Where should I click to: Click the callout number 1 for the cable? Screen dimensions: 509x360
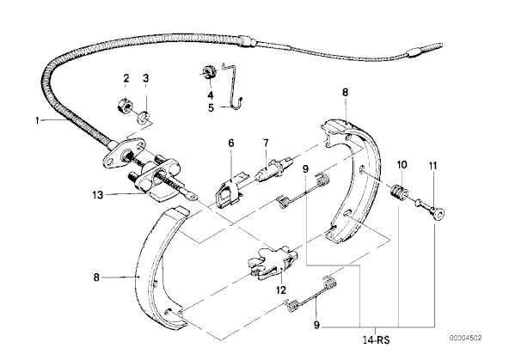pyautogui.click(x=37, y=121)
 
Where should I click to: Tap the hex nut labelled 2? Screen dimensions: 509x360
pyautogui.click(x=125, y=106)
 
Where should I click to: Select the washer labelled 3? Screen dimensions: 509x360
pyautogui.click(x=143, y=117)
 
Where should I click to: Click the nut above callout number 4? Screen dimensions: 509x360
pyautogui.click(x=208, y=71)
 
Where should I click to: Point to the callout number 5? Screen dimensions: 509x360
pyautogui.click(x=211, y=107)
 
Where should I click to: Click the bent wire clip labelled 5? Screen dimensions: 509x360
pyautogui.click(x=234, y=87)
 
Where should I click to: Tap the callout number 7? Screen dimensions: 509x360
pyautogui.click(x=266, y=143)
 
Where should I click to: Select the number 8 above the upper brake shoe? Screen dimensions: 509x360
pyautogui.click(x=345, y=93)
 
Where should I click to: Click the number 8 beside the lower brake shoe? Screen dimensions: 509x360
pyautogui.click(x=96, y=278)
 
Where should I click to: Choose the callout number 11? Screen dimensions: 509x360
pyautogui.click(x=433, y=166)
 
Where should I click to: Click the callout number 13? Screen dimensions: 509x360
pyautogui.click(x=98, y=195)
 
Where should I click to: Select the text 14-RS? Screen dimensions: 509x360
pyautogui.click(x=377, y=340)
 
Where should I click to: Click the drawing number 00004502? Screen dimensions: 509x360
pyautogui.click(x=465, y=338)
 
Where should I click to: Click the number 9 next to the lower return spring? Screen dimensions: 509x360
pyautogui.click(x=316, y=325)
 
